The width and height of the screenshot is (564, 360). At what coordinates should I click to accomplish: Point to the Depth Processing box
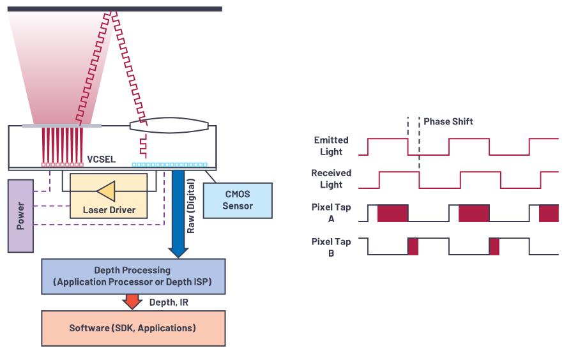point(133,275)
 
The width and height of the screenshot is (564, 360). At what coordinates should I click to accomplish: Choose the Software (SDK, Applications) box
point(133,328)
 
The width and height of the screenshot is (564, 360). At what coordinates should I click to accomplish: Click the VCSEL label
point(101,159)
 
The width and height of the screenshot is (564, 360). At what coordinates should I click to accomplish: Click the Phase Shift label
point(448,121)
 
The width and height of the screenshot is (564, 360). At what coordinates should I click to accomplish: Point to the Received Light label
point(331,179)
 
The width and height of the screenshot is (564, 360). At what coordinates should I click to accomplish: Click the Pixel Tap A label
point(331,213)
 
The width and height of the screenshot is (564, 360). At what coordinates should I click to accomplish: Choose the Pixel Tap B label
point(331,247)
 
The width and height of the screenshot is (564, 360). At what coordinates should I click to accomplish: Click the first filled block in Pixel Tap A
point(392,213)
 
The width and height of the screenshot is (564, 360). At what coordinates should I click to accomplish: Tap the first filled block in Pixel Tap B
point(413,246)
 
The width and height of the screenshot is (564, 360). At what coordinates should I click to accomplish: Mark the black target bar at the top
point(115,9)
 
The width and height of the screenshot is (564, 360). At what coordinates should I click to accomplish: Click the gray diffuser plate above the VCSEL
point(54,126)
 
